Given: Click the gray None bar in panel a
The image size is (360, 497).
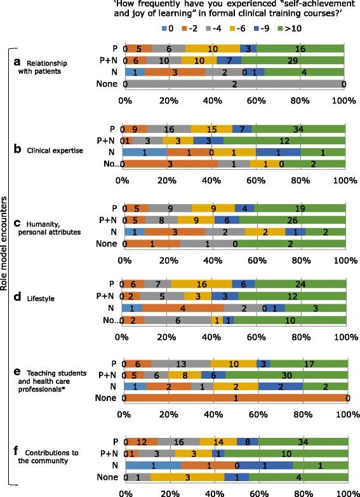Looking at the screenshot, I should pyautogui.click(x=234, y=83).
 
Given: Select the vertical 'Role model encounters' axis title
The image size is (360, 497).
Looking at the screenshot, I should pyautogui.click(x=5, y=251).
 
